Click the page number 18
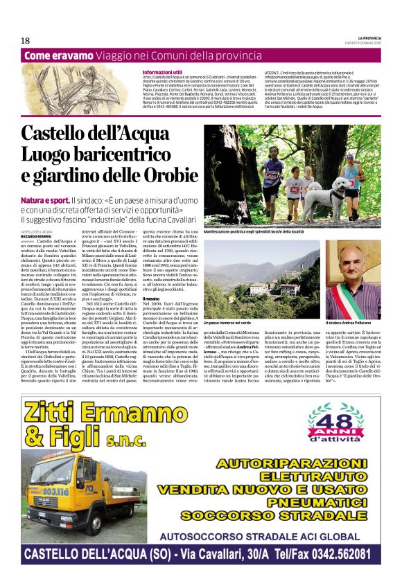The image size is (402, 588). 25,40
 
